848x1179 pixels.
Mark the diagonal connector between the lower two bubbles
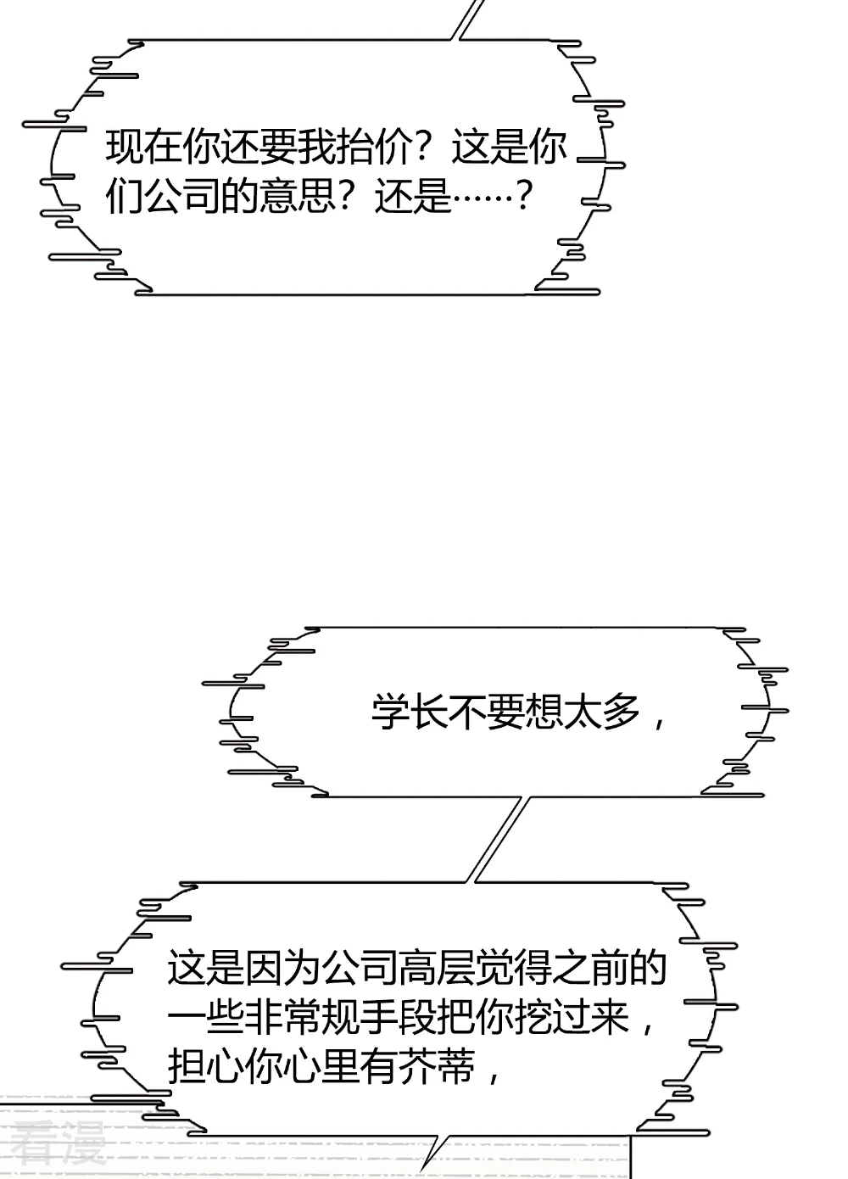point(500,839)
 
